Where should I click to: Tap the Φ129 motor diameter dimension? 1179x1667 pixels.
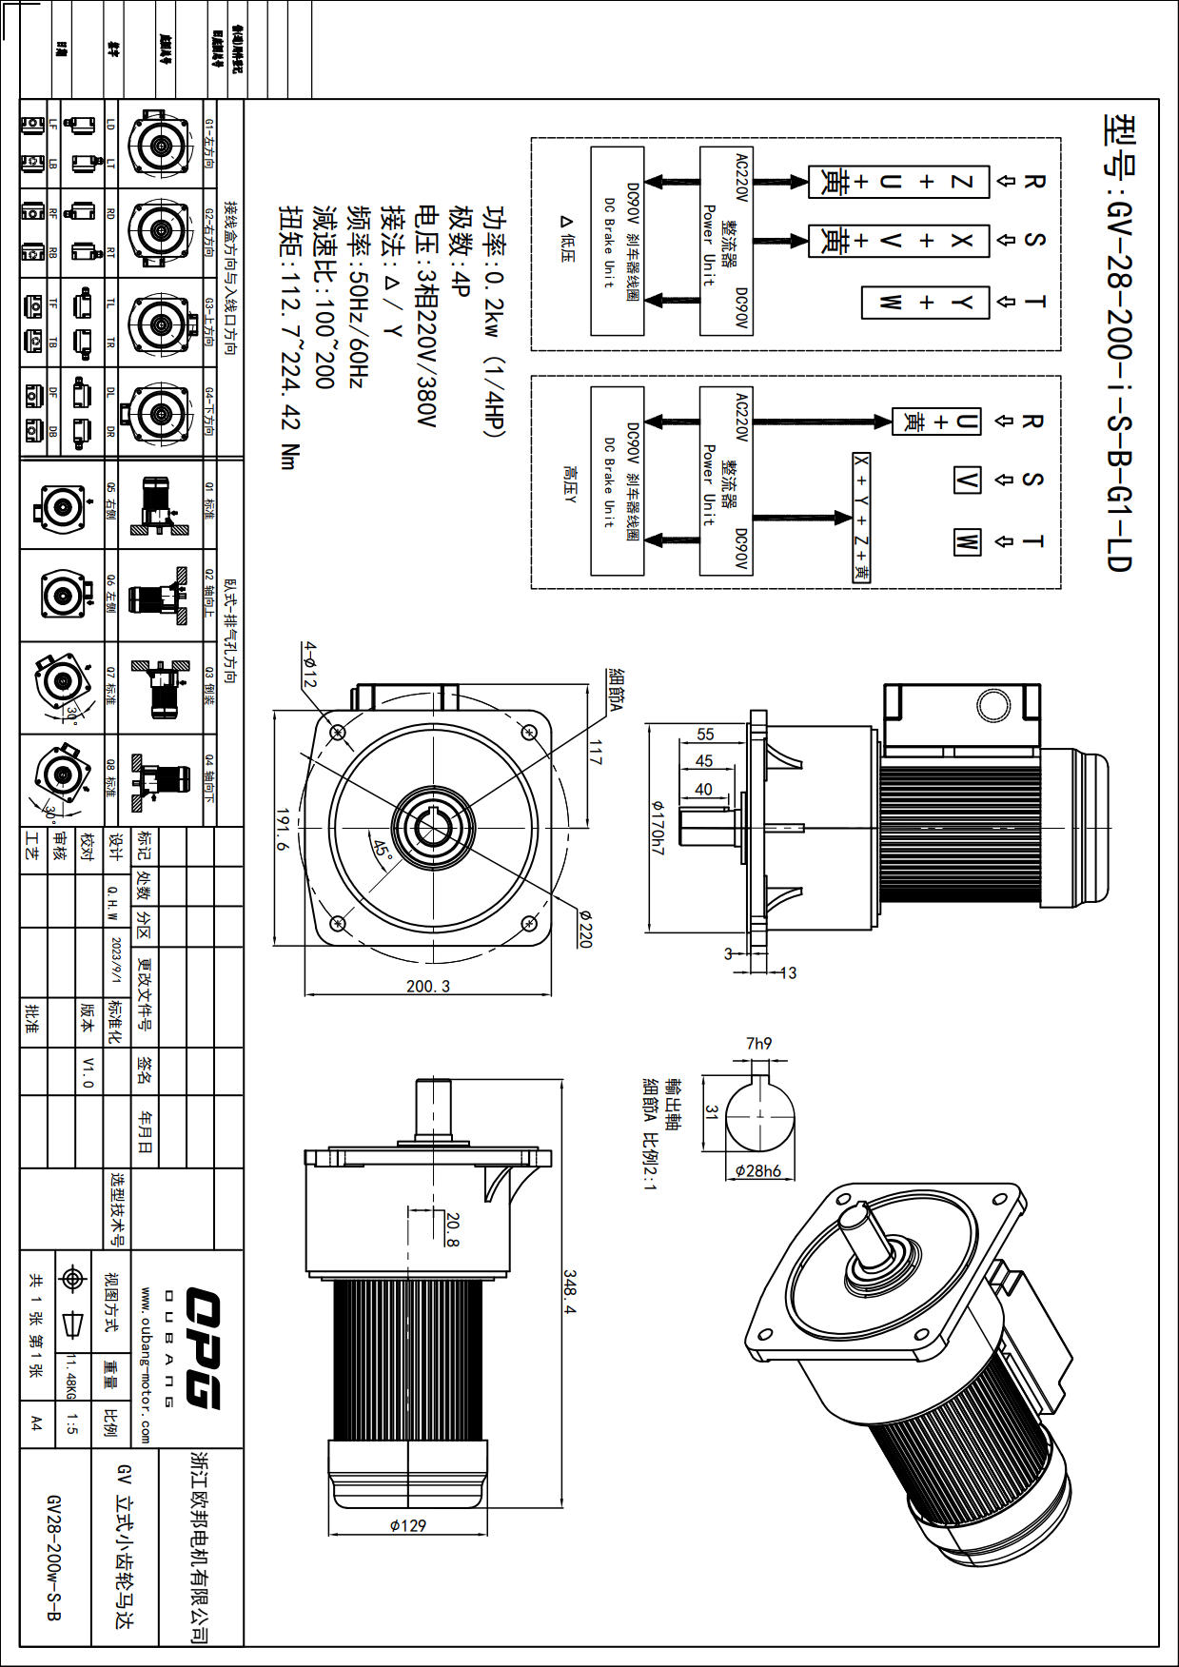point(408,1525)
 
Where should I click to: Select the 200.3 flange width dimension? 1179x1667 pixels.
point(428,986)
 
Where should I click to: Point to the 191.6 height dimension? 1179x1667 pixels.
point(284,830)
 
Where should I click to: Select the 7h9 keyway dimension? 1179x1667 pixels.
point(758,1044)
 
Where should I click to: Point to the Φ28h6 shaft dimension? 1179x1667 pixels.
point(758,1170)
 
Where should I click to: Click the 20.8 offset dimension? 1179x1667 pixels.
point(452,1229)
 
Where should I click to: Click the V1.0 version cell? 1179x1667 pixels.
point(88,1071)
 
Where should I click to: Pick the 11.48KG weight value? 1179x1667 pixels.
point(70,1377)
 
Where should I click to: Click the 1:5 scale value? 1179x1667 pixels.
point(72,1423)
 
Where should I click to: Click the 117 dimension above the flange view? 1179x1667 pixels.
point(595,753)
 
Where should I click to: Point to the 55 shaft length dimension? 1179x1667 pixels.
point(705,734)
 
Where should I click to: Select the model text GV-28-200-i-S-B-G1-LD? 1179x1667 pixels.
point(1119,343)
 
